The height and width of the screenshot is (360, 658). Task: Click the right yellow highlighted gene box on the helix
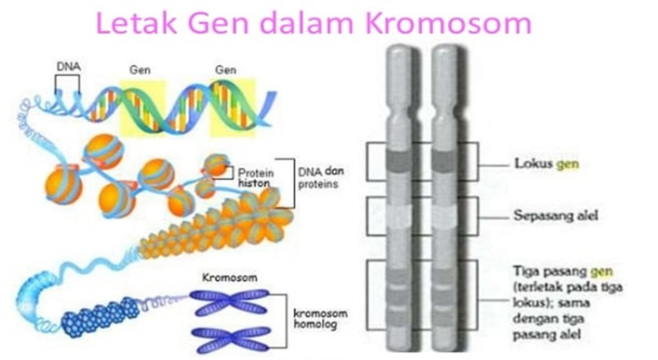coord(234,106)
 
